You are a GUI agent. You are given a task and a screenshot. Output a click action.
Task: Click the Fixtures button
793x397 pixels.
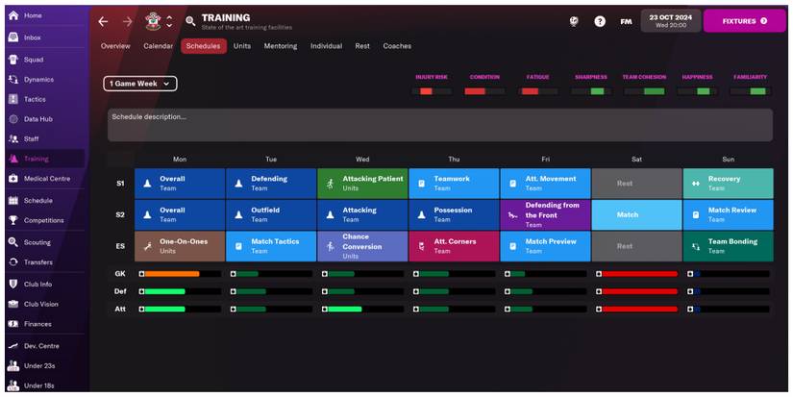(744, 20)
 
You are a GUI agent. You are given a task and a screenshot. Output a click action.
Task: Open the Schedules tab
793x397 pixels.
(203, 46)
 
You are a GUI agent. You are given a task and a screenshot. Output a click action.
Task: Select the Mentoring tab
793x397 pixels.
(281, 46)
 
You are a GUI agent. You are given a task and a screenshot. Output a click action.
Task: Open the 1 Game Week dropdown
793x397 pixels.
(140, 84)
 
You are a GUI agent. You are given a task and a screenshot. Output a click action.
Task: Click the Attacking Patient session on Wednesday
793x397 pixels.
(362, 183)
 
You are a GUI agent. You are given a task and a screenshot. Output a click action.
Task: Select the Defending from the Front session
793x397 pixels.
(545, 214)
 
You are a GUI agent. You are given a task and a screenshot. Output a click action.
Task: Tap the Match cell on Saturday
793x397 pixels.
(635, 214)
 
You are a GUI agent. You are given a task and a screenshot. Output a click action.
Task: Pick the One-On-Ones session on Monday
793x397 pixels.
(180, 246)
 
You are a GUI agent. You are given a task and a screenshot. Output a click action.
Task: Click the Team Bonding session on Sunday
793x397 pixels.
(728, 246)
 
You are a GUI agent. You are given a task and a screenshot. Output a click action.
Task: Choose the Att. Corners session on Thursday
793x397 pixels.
(454, 246)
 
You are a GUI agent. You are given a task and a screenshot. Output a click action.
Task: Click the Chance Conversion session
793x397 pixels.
(362, 246)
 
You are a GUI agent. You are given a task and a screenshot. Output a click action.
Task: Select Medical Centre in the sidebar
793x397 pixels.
(46, 179)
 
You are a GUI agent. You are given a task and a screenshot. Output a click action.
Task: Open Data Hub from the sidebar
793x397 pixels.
(38, 118)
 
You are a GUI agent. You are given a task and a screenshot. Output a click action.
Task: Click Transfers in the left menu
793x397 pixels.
(38, 262)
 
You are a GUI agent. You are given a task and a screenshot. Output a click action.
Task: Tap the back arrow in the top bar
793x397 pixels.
(104, 20)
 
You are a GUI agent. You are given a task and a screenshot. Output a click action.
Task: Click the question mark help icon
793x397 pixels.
(600, 20)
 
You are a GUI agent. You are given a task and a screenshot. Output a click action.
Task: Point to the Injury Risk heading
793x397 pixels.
(432, 77)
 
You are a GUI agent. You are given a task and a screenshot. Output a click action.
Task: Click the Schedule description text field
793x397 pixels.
(439, 125)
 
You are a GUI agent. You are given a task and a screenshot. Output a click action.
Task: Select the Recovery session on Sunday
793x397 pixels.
(728, 183)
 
